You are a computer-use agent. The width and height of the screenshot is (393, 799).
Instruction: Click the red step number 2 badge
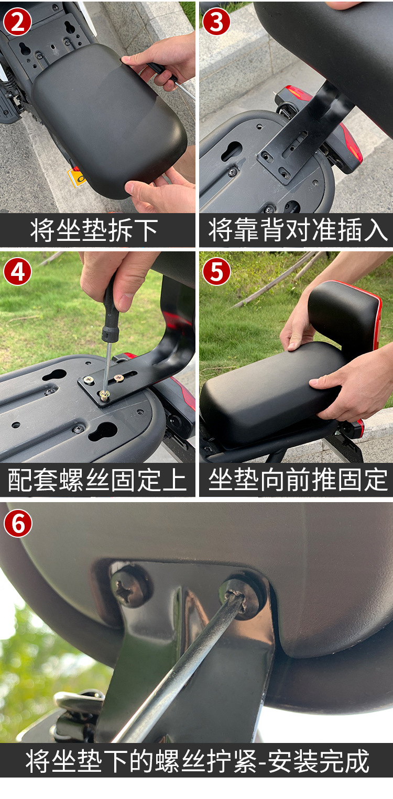[17, 21]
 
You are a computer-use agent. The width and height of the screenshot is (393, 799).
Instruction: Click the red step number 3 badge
[216, 21]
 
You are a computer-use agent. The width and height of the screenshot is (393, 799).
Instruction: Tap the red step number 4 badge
[17, 271]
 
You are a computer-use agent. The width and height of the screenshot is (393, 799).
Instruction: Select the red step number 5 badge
[216, 271]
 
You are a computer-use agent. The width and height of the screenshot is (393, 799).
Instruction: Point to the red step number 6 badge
[18, 523]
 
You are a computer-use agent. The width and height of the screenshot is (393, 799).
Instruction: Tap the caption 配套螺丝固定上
[97, 480]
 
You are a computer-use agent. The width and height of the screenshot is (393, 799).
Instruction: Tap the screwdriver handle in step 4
[110, 314]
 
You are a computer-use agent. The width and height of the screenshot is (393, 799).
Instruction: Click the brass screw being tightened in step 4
[105, 395]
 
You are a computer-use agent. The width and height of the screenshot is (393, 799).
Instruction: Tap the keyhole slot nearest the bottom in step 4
[103, 431]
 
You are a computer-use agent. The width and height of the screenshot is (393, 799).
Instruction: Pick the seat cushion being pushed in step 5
[267, 387]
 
